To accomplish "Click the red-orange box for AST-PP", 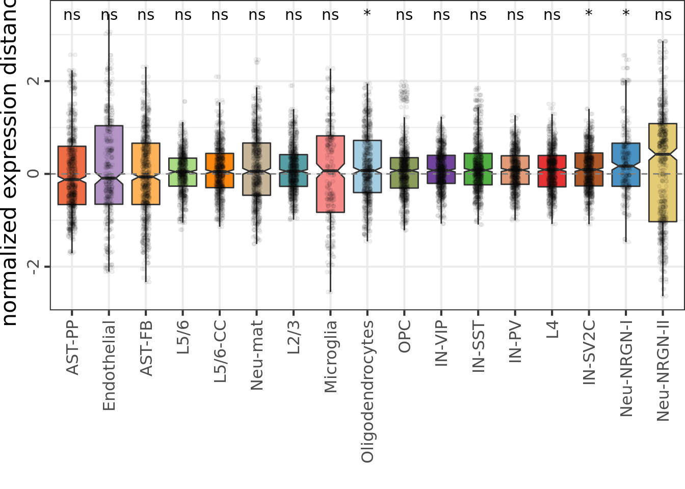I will click(72, 175).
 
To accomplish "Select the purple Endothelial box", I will click(109, 165).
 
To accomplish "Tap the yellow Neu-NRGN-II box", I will click(663, 172).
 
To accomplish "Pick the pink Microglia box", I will click(330, 174).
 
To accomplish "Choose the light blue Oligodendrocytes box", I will click(367, 166).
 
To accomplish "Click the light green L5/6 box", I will click(182, 172).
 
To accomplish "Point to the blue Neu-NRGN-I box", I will click(626, 165).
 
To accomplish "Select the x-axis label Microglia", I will click(330, 357).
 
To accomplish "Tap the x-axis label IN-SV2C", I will click(589, 352).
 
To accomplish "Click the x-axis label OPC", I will click(404, 337).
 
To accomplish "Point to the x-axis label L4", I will click(552, 330).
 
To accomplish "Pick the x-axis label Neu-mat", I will click(256, 355).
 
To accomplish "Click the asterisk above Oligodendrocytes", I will click(367, 14).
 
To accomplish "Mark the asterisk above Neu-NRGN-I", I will click(626, 14).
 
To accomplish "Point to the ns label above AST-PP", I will click(72, 15).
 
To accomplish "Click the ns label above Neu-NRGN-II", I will click(663, 15).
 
